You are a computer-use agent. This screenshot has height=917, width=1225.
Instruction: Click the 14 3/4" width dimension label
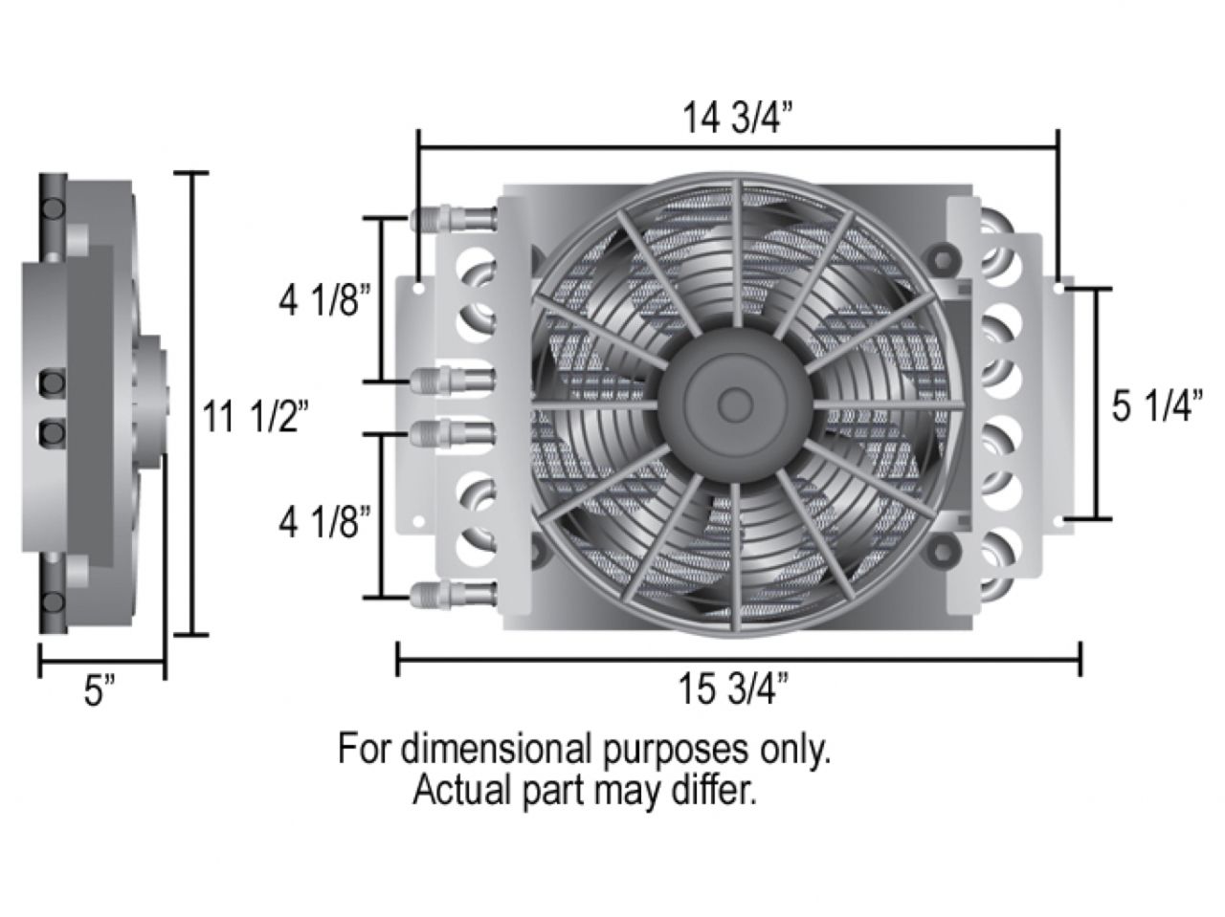pos(737,120)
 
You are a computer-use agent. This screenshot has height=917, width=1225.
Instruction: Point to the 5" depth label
pos(99,691)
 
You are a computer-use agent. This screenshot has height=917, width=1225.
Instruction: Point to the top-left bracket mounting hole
pos(419,285)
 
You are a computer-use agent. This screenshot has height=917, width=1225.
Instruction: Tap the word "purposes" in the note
pos(672,749)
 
